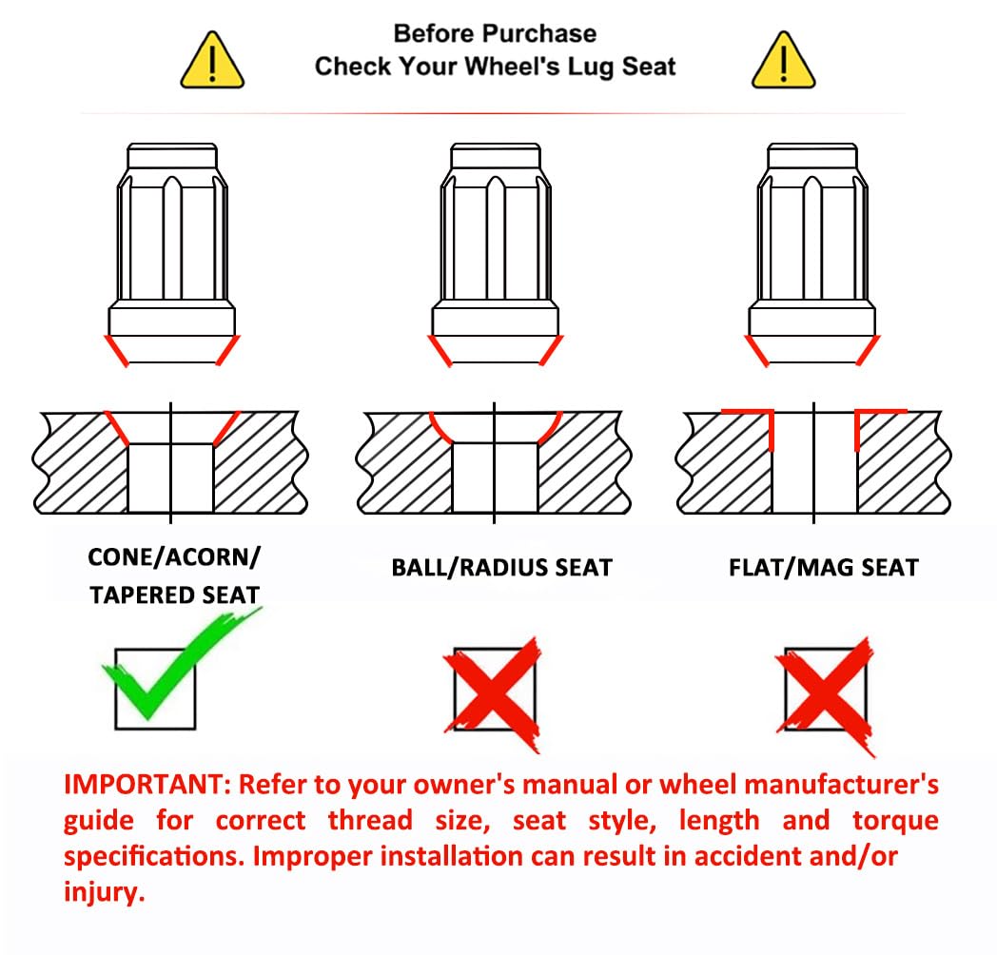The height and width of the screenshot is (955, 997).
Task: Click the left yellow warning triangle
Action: click(212, 61)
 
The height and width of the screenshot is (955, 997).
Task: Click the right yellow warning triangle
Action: click(783, 61)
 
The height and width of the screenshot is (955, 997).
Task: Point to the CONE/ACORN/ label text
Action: click(174, 557)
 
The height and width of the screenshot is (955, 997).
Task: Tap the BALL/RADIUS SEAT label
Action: click(501, 567)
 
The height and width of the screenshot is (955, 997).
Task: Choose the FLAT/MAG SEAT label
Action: click(824, 567)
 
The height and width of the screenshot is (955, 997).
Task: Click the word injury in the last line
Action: click(105, 892)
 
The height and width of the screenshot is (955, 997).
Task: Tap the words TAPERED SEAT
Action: click(175, 595)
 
